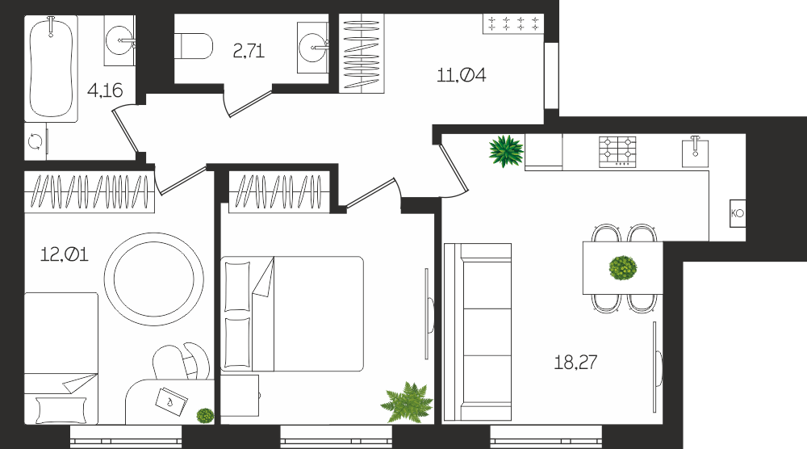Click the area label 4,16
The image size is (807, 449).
point(105,90)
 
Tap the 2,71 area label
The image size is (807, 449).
point(249,51)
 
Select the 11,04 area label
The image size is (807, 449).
point(461,75)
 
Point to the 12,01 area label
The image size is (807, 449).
point(65,254)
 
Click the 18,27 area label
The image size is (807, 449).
point(575,363)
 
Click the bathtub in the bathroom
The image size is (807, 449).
point(50,69)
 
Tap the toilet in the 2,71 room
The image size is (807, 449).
point(194,46)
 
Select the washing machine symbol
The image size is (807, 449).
point(36,141)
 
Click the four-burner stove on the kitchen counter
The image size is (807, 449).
point(617,151)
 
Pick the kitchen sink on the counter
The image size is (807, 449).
point(696,151)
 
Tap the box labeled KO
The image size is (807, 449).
point(738,213)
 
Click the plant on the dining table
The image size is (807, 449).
point(623,268)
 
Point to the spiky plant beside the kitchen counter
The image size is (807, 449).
point(506,151)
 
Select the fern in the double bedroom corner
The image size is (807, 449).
point(407,402)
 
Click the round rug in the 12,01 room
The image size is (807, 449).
point(154,279)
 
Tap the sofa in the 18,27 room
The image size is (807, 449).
point(478,332)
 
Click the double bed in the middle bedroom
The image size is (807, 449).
point(292,313)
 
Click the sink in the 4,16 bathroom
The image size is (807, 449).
point(120,40)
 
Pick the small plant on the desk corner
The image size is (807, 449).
point(205,415)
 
